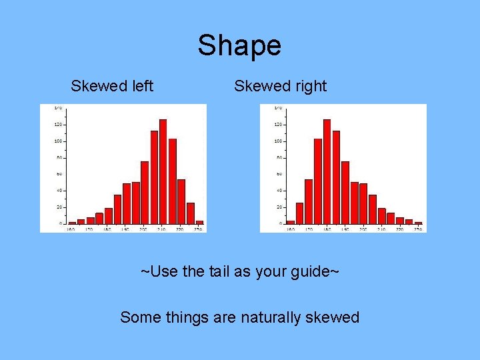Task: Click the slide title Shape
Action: (x=239, y=46)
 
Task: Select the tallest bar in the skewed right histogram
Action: (x=327, y=171)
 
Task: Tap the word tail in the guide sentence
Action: (x=241, y=272)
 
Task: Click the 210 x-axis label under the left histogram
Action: (x=162, y=229)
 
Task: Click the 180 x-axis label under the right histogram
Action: (x=327, y=229)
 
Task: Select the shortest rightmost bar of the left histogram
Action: (x=199, y=222)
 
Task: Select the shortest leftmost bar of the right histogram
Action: (x=290, y=222)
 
